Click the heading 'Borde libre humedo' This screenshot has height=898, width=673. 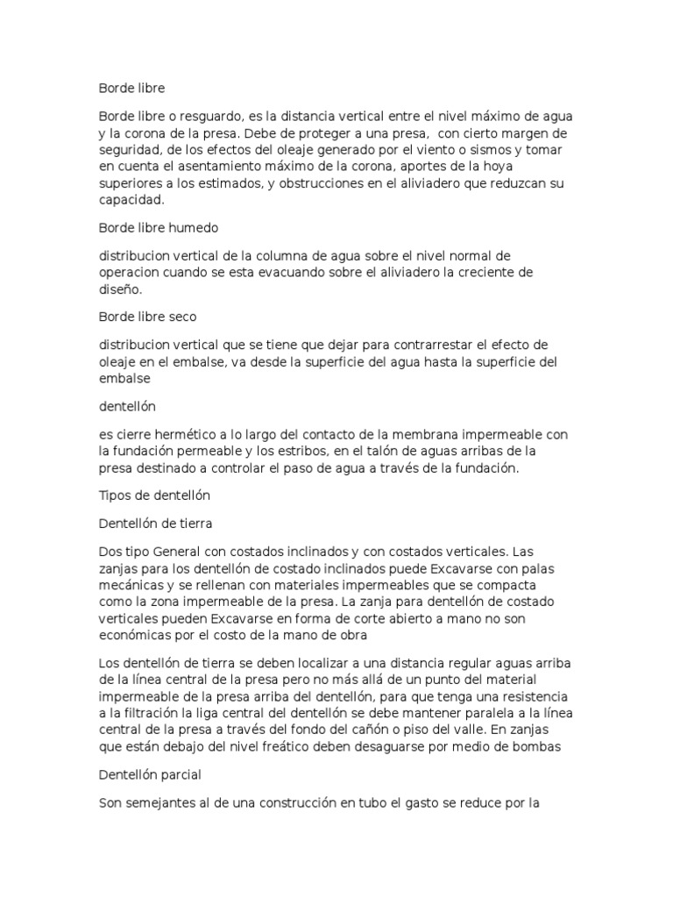point(158,227)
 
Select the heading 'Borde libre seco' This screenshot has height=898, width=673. point(148,317)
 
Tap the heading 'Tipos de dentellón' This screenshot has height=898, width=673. point(153,495)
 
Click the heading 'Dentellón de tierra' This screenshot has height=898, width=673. point(155,524)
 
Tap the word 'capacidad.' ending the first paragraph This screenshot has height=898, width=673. point(131,199)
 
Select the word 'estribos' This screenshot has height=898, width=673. point(296,451)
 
